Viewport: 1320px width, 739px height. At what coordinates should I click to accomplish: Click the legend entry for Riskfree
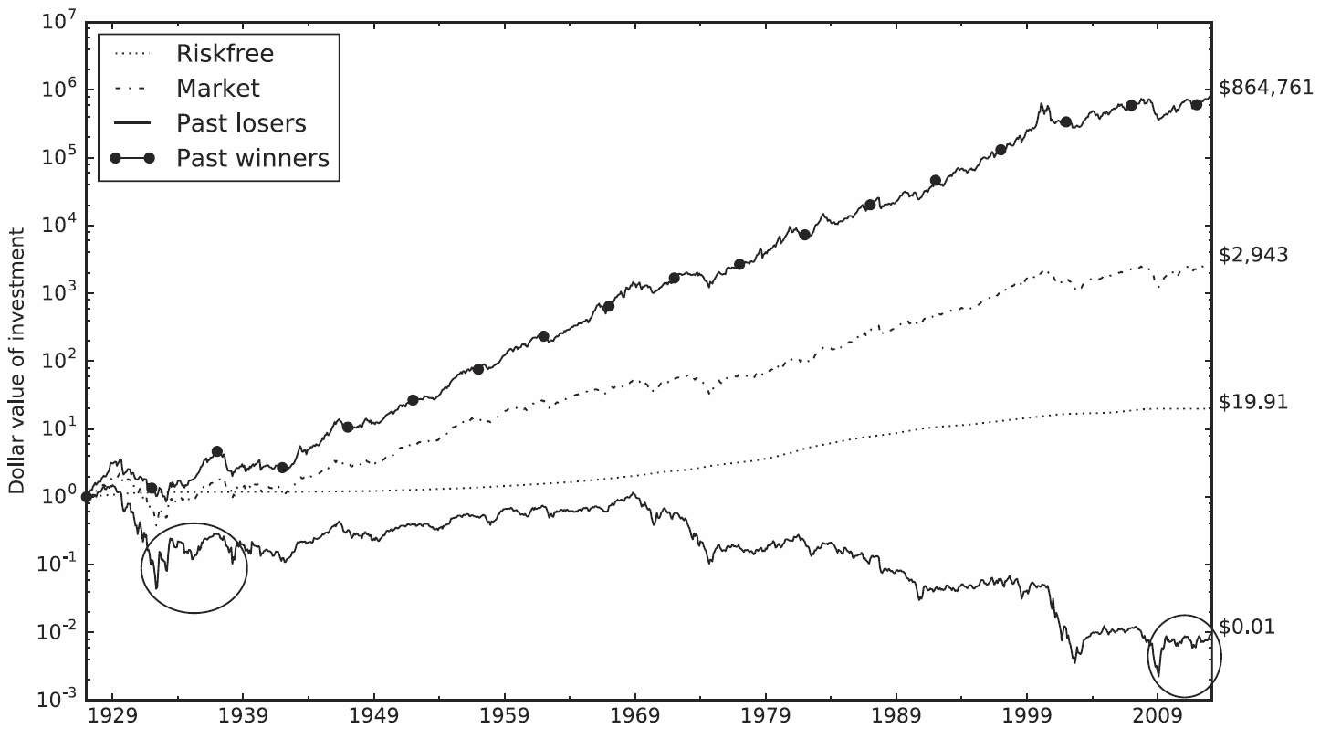click(225, 53)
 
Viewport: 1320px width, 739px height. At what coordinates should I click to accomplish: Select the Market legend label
click(218, 88)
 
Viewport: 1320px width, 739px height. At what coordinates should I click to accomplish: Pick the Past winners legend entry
click(252, 157)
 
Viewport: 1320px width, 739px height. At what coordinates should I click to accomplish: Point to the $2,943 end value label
click(1253, 255)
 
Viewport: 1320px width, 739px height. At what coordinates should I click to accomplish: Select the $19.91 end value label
click(1252, 402)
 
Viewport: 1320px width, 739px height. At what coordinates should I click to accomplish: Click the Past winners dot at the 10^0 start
click(86, 497)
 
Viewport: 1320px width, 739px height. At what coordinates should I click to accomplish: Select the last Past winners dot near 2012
click(1197, 105)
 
